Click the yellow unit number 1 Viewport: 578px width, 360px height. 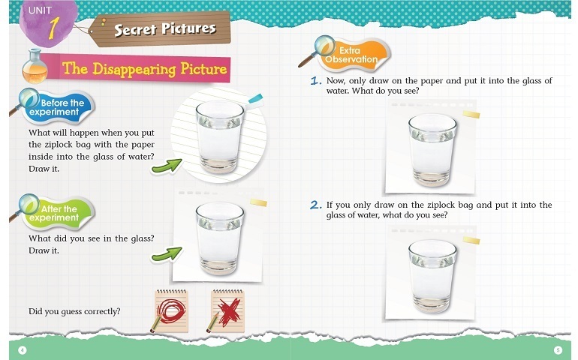click(x=54, y=28)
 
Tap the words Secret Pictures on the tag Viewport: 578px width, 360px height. click(x=165, y=28)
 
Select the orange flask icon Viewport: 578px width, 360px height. click(x=35, y=67)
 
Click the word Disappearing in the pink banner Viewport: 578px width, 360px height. click(x=134, y=69)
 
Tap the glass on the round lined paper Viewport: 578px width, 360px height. click(x=220, y=136)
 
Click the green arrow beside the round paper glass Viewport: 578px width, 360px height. click(x=167, y=166)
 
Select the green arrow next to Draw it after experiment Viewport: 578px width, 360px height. click(x=167, y=254)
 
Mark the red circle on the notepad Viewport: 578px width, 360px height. click(x=171, y=310)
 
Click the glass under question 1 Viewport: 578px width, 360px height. click(x=432, y=150)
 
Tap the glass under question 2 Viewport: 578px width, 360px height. click(x=432, y=276)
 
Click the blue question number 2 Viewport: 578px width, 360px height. click(x=315, y=205)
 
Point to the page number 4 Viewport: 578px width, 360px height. click(x=23, y=349)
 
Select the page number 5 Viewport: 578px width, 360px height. click(x=558, y=349)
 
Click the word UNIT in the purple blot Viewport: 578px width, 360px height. click(x=41, y=10)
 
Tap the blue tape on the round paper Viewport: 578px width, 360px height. click(x=255, y=99)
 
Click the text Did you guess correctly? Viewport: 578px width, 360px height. click(x=74, y=312)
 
